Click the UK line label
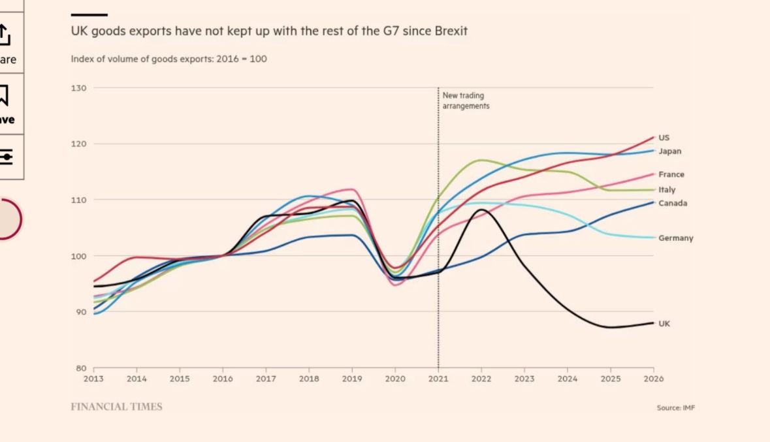coord(664,324)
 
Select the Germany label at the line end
coord(675,238)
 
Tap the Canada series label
coord(673,203)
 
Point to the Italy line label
coord(667,190)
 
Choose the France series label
coord(671,174)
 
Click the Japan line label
coord(669,151)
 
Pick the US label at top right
coord(664,138)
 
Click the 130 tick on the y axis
coord(80,87)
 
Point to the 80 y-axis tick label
coord(82,368)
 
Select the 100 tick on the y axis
coord(80,256)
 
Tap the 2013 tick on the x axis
coord(93,379)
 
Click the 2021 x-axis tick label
coord(438,379)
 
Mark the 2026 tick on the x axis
coord(654,379)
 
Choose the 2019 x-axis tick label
coord(352,379)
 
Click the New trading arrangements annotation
coord(466,101)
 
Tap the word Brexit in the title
coord(451,31)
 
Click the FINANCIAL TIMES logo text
coord(116,407)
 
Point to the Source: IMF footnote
coord(676,408)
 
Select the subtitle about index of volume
coord(168,59)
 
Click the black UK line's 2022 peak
coord(481,210)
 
